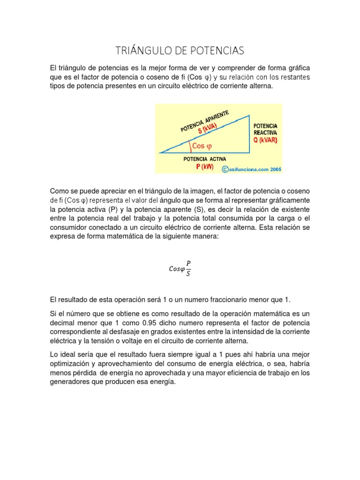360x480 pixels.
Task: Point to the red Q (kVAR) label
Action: [265, 140]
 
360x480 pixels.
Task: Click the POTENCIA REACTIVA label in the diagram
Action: [265, 129]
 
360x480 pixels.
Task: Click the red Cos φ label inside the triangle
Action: [202, 146]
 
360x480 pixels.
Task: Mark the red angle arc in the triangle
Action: [190, 147]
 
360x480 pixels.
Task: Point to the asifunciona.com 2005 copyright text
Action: [252, 170]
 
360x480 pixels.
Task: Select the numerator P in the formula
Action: [188, 263]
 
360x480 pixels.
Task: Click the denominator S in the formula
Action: [188, 274]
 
